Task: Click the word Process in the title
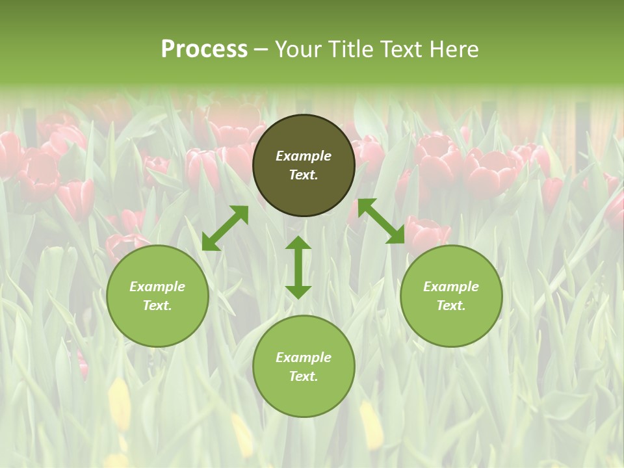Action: pos(204,49)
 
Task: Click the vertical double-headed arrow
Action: pos(298,267)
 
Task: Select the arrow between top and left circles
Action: pos(225,228)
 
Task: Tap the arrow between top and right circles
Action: pos(382,222)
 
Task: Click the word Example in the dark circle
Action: pos(304,156)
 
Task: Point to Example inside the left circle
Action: pos(157,287)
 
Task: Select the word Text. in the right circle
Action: pos(451,305)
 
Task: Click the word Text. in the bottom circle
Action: pos(304,376)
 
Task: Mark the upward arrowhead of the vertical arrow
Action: pos(298,244)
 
